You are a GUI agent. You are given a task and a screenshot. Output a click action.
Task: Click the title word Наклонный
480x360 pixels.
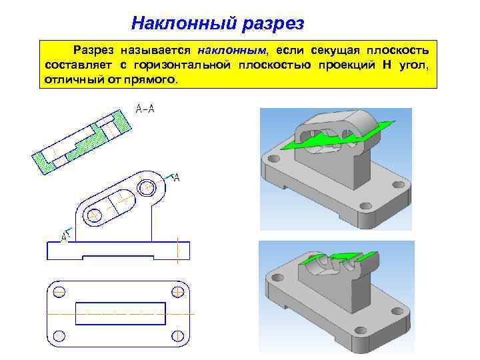[181, 23]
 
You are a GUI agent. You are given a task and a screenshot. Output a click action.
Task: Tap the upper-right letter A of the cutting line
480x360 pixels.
[177, 177]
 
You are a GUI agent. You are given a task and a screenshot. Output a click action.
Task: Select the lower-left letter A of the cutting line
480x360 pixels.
[65, 235]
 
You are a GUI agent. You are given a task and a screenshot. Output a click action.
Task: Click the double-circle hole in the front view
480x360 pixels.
[147, 185]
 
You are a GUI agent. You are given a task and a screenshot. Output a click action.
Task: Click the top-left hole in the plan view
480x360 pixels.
[59, 291]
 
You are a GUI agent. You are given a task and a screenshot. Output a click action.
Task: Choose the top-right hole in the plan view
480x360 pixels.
[178, 291]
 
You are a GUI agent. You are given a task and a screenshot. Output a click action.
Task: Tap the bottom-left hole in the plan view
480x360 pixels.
[59, 335]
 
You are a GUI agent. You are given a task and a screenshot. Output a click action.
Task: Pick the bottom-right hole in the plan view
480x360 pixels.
[178, 335]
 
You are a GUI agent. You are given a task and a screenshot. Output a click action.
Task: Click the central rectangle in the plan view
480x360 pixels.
[121, 313]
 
